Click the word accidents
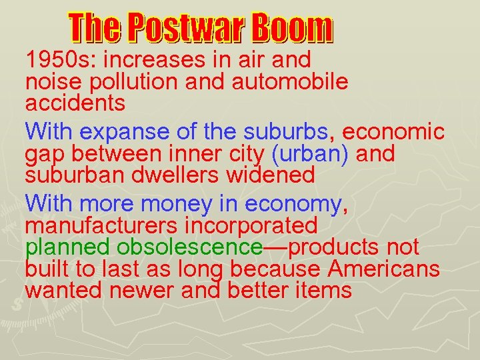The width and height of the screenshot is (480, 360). pyautogui.click(x=75, y=103)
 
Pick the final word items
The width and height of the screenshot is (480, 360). pyautogui.click(x=323, y=291)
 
